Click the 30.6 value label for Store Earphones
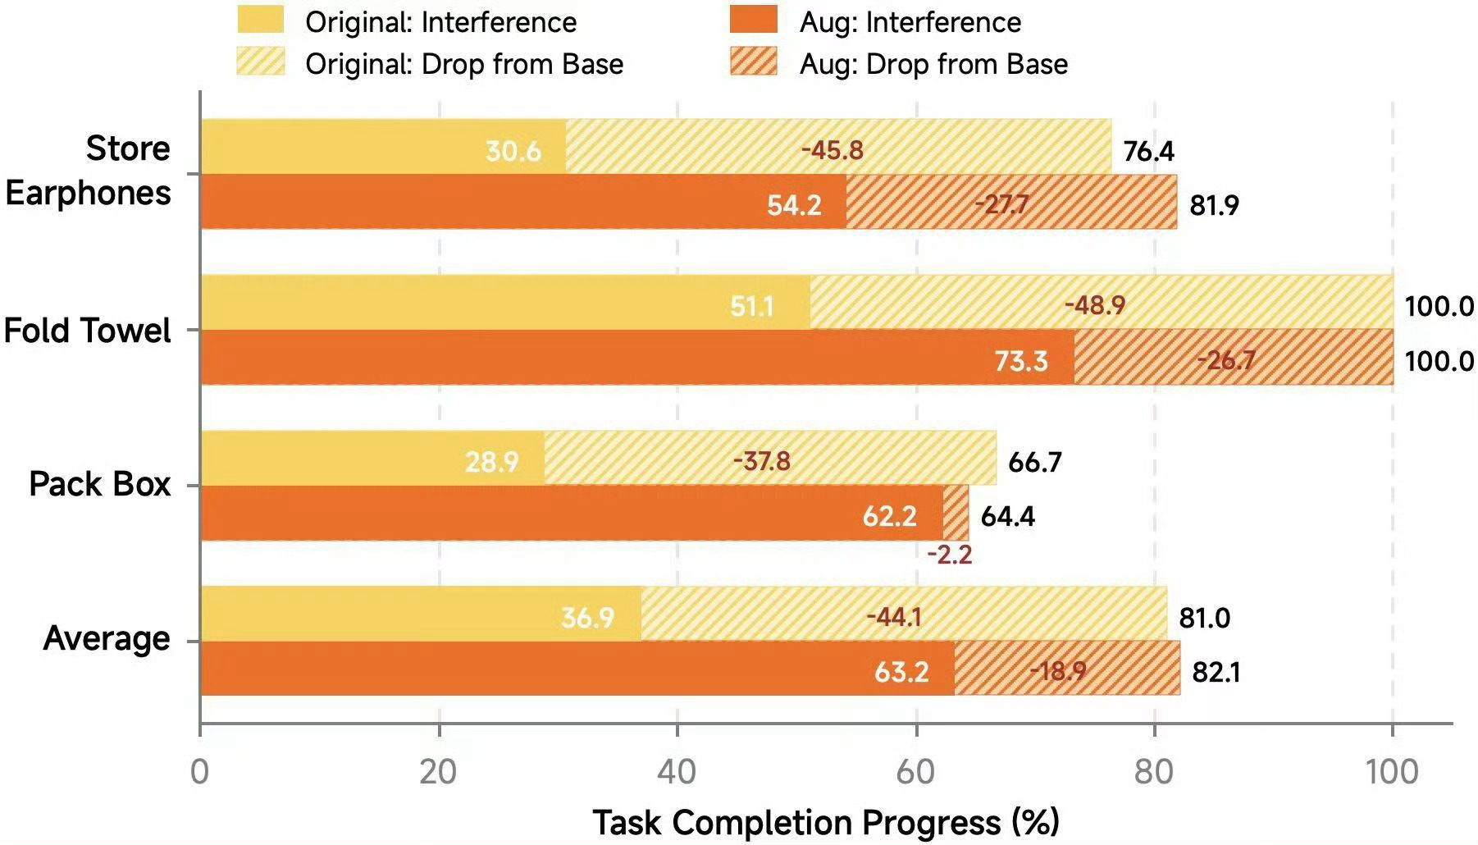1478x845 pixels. tap(513, 151)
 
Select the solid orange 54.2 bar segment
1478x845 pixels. tap(523, 202)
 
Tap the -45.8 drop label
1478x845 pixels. tap(832, 150)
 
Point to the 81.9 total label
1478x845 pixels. tap(1214, 204)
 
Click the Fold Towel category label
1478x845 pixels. tap(87, 331)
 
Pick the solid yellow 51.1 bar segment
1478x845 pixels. tap(505, 302)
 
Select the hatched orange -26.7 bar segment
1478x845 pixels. tap(1234, 358)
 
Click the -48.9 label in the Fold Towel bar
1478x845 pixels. tap(1095, 305)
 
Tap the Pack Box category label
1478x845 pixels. tap(99, 484)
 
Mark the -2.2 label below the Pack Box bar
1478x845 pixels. tap(950, 555)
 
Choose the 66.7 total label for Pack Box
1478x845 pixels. tap(1035, 462)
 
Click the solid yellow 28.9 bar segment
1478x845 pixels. tap(372, 458)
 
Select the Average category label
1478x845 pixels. tap(107, 638)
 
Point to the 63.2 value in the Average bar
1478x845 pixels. tap(901, 672)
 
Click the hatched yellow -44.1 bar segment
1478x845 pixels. tap(904, 613)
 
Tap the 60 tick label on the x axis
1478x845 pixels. tap(915, 772)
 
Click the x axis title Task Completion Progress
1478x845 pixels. tap(826, 822)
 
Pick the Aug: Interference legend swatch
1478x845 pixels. tap(753, 20)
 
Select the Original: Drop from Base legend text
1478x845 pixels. tap(464, 64)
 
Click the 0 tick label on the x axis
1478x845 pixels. tap(199, 772)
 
